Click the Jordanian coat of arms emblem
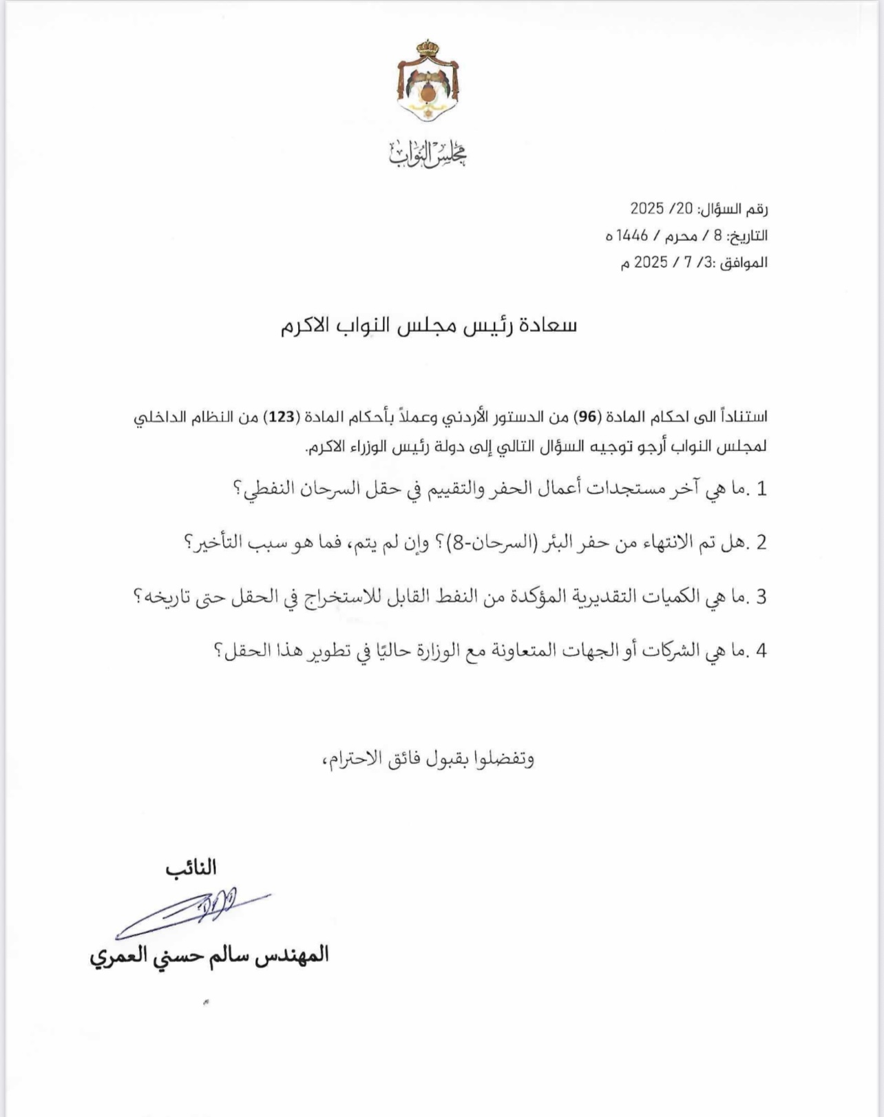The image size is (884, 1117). tap(428, 81)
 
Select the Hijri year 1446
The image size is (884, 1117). tap(632, 236)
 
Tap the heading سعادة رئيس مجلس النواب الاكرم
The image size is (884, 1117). tap(428, 326)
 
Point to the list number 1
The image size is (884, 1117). tap(761, 489)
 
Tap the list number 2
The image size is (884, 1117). tap(761, 543)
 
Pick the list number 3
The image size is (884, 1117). tap(761, 596)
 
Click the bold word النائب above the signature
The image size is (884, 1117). tap(191, 868)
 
